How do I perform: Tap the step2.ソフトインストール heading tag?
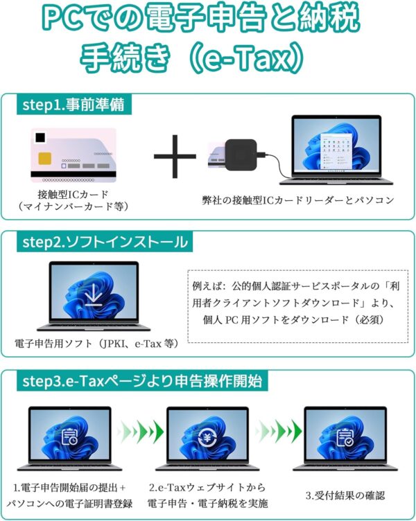105,242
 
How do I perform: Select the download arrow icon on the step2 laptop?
93,294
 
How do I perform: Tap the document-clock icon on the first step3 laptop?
69,437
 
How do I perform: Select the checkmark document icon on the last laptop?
345,437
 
